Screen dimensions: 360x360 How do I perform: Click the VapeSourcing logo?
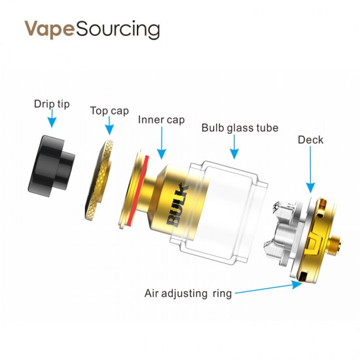pos(92,29)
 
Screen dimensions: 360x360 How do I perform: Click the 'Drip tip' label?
pos(52,104)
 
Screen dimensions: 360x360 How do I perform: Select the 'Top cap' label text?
pos(109,111)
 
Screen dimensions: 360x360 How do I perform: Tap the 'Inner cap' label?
pos(161,120)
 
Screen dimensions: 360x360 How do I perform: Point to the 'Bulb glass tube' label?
pos(240,128)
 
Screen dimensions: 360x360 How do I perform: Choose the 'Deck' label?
pos(310,139)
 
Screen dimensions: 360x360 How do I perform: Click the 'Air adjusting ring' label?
pos(188,294)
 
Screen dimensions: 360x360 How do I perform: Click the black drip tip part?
pos(51,166)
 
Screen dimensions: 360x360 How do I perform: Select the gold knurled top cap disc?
pos(99,181)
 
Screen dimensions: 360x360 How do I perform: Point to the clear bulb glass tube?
pos(218,211)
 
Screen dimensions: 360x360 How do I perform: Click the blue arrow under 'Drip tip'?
pos(52,118)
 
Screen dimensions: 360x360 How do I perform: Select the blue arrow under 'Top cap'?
pos(109,126)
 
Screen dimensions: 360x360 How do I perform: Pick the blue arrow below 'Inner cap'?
pos(162,143)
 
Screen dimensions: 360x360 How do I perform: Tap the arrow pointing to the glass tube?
pos(234,147)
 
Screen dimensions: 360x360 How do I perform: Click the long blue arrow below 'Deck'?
pos(310,170)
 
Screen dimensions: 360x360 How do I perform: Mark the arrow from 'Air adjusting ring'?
pos(268,289)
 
